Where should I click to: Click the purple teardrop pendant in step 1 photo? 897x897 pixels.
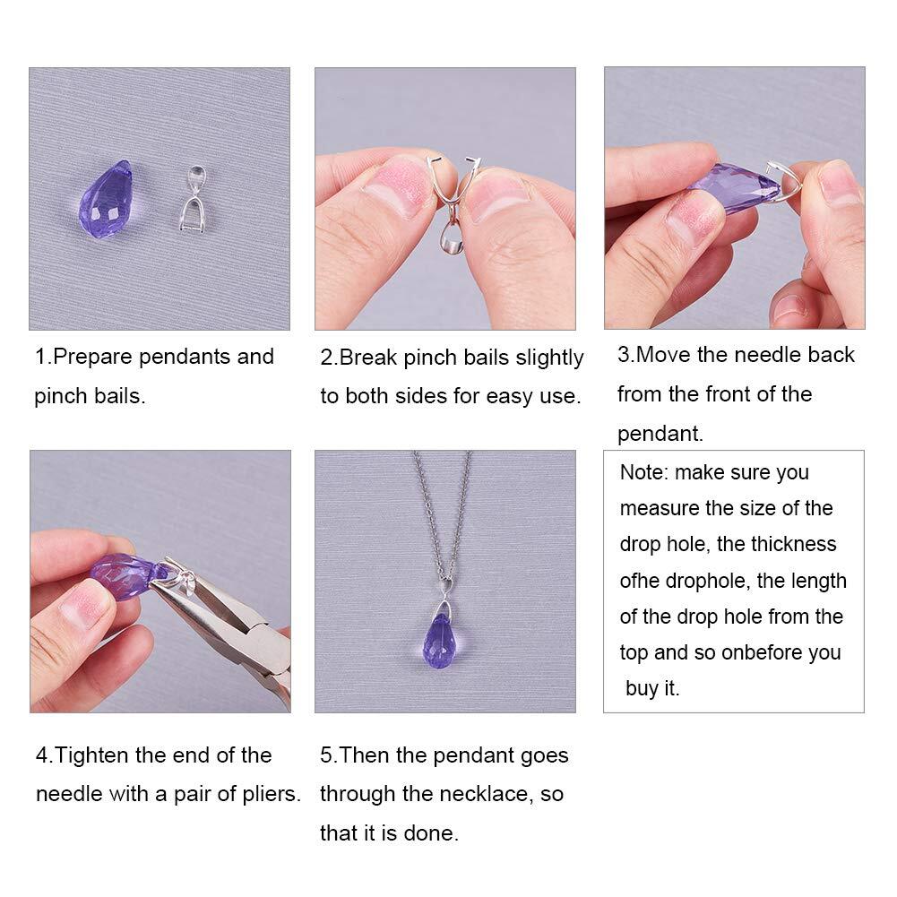pyautogui.click(x=106, y=200)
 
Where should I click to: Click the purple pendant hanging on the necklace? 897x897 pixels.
pyautogui.click(x=444, y=640)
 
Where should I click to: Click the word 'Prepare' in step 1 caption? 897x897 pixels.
pyautogui.click(x=92, y=357)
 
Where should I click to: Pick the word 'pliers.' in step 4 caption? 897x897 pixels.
pyautogui.click(x=272, y=795)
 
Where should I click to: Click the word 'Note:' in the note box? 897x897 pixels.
pyautogui.click(x=643, y=472)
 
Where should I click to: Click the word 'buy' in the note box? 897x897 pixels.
pyautogui.click(x=641, y=689)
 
